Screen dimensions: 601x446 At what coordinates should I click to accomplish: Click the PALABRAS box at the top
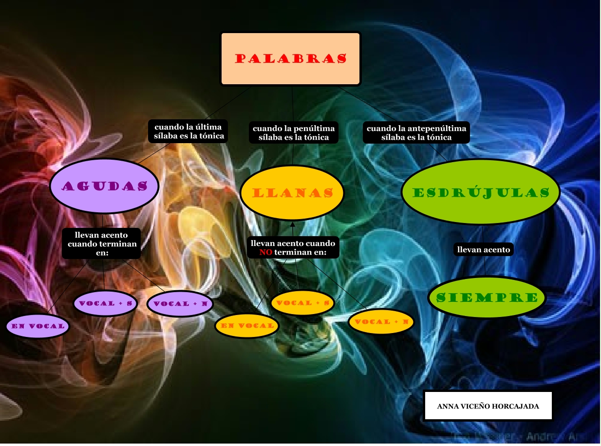[x=291, y=59]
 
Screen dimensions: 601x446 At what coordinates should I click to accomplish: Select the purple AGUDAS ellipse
[x=104, y=186]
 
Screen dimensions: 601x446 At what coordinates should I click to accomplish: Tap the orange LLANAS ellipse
[x=292, y=193]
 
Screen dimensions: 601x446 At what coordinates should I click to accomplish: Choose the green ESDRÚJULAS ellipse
[x=481, y=192]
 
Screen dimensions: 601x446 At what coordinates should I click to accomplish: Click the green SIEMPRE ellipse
[x=487, y=297]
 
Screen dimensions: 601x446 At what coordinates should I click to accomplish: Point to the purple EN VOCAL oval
[x=38, y=326]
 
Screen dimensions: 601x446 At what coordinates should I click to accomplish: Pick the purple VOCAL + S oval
[x=106, y=303]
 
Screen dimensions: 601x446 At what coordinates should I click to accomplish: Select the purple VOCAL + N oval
[x=181, y=304]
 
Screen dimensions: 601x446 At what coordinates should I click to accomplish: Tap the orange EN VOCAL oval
[x=246, y=325]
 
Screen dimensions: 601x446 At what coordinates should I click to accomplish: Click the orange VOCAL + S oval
[x=302, y=303]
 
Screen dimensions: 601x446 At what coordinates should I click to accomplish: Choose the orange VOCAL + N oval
[x=381, y=322]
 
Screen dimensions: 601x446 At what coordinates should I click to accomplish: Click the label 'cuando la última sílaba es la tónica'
[x=188, y=132]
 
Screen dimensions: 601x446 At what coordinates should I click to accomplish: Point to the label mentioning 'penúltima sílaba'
[x=294, y=133]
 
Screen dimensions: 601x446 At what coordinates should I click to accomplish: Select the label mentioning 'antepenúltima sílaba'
[x=416, y=133]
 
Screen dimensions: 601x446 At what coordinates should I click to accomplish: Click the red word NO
[x=265, y=253]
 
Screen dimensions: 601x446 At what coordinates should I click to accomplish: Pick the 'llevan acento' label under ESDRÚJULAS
[x=483, y=250]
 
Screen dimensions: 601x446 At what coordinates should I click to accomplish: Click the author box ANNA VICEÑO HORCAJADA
[x=488, y=406]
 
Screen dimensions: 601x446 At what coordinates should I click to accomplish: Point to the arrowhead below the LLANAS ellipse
[x=293, y=224]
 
